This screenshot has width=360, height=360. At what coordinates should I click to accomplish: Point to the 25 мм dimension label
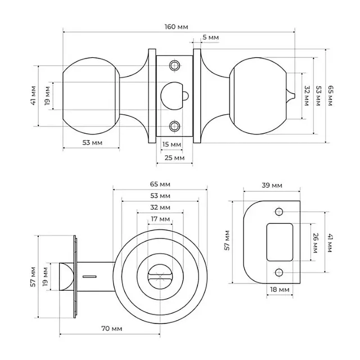[174, 158]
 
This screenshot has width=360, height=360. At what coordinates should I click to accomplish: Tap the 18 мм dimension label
[280, 289]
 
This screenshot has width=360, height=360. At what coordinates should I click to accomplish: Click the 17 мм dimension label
[160, 219]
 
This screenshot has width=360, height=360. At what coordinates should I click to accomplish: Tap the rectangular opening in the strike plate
[280, 242]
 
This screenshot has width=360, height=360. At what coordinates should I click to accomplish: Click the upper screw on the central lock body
[175, 66]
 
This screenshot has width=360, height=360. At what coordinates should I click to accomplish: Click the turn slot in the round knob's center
[160, 276]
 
